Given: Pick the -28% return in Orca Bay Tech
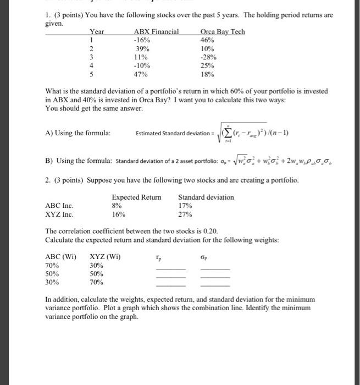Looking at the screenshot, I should click(x=209, y=57).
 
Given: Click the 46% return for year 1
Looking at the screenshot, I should click(x=208, y=40).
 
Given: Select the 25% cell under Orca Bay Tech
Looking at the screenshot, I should click(x=208, y=65).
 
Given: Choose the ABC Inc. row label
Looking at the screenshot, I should click(x=58, y=206).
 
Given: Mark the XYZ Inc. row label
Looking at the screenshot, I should click(x=58, y=215).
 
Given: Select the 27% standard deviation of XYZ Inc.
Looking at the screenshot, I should click(x=185, y=215).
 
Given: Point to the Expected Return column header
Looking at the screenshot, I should click(x=136, y=197).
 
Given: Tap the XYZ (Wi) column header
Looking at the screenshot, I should click(x=105, y=256).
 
